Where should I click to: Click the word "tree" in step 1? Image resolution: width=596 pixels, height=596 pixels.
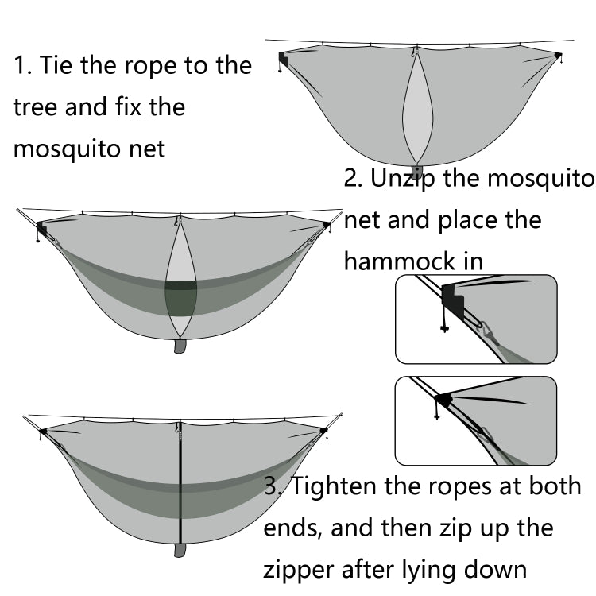35,107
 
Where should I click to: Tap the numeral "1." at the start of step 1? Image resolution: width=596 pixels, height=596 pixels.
22,65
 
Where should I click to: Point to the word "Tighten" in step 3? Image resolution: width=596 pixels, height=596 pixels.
338,486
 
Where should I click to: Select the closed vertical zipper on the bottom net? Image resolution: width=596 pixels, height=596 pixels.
180,485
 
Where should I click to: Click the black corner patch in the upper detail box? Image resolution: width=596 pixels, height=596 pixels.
454,300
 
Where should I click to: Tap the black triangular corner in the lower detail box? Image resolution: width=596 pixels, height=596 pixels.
443,398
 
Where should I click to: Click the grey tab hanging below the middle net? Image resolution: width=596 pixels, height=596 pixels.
180,346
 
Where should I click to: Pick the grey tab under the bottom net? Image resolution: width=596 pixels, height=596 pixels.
180,550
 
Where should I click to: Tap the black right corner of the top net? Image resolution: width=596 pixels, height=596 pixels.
559,56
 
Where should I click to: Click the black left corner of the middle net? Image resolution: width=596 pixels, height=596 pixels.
41,229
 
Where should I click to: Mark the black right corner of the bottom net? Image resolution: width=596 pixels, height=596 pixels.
323,432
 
